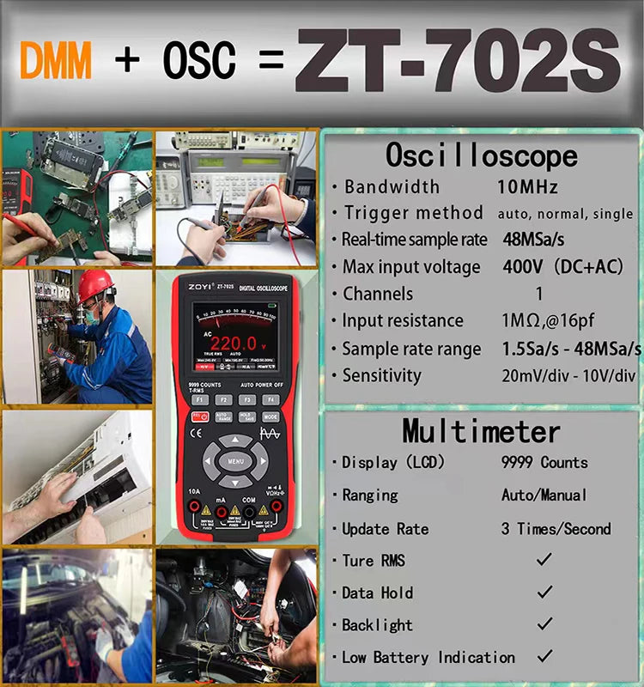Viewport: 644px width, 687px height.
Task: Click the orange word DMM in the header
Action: click(x=56, y=61)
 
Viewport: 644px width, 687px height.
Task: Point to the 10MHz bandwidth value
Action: click(x=527, y=186)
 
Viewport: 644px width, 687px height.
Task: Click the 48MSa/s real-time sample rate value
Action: click(x=533, y=240)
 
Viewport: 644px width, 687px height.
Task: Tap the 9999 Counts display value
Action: click(x=544, y=462)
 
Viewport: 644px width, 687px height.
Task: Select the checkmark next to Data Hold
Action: click(x=544, y=593)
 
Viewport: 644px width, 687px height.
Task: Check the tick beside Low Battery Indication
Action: click(x=544, y=657)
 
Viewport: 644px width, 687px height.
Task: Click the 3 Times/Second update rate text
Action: click(x=556, y=528)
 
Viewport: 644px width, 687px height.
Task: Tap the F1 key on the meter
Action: click(x=200, y=399)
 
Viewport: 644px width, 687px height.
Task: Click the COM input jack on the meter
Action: click(x=248, y=512)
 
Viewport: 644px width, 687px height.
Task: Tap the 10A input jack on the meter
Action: click(x=195, y=512)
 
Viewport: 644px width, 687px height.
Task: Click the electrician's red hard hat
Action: click(x=95, y=286)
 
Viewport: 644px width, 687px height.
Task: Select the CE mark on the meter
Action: click(x=196, y=434)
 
